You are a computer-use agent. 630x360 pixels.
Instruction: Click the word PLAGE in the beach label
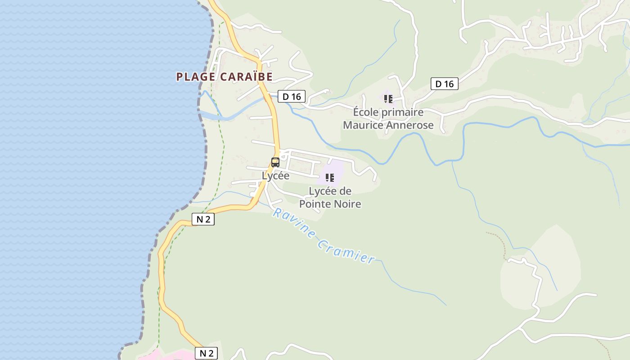pyautogui.click(x=196, y=77)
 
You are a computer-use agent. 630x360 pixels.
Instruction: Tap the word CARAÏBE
pyautogui.click(x=247, y=77)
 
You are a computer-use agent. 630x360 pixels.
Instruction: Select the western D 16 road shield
pyautogui.click(x=292, y=96)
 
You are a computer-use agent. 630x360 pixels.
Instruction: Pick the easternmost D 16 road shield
pyautogui.click(x=445, y=84)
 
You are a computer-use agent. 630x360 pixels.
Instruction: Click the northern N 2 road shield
pyautogui.click(x=203, y=219)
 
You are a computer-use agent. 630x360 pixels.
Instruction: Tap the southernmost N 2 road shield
pyautogui.click(x=206, y=353)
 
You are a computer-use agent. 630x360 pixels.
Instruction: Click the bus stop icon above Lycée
pyautogui.click(x=275, y=162)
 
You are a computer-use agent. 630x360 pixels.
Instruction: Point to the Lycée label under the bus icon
pyautogui.click(x=275, y=175)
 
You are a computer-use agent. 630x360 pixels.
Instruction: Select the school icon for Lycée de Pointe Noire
pyautogui.click(x=330, y=178)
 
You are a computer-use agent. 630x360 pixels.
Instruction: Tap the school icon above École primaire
pyautogui.click(x=388, y=99)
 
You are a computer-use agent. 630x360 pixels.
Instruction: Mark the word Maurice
pyautogui.click(x=364, y=125)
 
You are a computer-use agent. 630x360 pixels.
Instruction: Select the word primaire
pyautogui.click(x=403, y=112)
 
